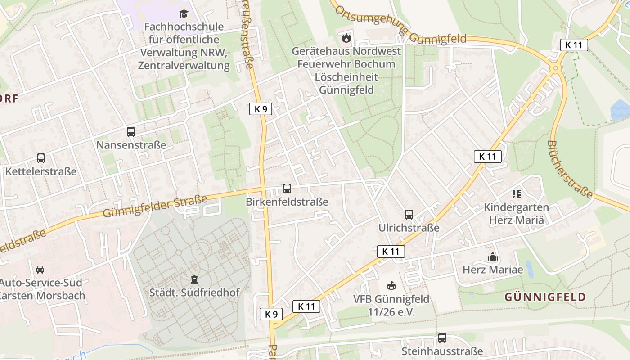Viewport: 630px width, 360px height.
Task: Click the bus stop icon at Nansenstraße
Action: [x=131, y=132]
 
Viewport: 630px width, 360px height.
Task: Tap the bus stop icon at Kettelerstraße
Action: [x=41, y=158]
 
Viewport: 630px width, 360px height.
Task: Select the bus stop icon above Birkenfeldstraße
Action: [x=287, y=189]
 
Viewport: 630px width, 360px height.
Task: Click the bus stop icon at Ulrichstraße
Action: [x=409, y=215]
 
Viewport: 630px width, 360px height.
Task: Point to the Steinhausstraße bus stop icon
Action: [x=442, y=337]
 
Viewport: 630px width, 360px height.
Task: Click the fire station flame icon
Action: [x=346, y=37]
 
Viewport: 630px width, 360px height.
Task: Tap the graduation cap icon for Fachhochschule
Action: [x=184, y=13]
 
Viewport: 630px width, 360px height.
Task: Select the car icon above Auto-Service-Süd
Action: [x=40, y=269]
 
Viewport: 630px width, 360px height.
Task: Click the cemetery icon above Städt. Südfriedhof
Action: [x=194, y=279]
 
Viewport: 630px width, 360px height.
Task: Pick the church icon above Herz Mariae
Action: [x=493, y=257]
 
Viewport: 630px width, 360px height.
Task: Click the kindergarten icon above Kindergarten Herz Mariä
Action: [x=516, y=194]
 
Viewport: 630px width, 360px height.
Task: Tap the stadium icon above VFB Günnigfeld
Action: [x=391, y=285]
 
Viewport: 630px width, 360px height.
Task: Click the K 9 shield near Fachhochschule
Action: [x=261, y=108]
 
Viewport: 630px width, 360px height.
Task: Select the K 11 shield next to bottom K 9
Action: [x=306, y=306]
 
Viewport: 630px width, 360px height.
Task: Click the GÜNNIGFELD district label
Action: [x=545, y=297]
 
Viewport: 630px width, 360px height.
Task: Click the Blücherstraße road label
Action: [x=570, y=169]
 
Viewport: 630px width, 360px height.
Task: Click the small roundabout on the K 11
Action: [x=556, y=68]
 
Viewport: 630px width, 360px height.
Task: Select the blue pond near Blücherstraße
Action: [x=620, y=110]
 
